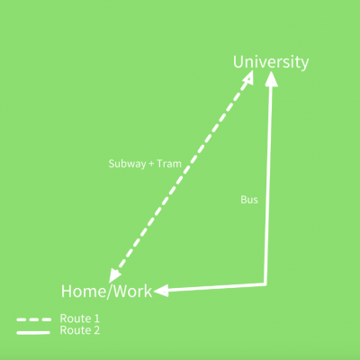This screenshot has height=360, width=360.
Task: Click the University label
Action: (271, 62)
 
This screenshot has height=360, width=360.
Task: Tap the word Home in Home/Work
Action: (79, 292)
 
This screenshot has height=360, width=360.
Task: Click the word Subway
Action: (127, 164)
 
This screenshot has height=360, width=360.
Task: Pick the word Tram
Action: (169, 164)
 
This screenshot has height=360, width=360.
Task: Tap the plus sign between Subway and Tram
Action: (151, 164)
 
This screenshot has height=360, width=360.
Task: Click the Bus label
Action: (249, 200)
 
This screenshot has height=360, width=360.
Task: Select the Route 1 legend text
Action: (80, 319)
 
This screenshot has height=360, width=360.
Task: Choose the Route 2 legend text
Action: (80, 330)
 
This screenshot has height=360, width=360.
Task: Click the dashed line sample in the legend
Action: (34, 319)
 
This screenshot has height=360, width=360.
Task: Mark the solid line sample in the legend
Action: (33, 332)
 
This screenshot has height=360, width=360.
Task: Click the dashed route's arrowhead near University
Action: (248, 77)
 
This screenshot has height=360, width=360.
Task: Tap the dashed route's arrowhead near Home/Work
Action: (114, 275)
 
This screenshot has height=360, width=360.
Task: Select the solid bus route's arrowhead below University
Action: (272, 78)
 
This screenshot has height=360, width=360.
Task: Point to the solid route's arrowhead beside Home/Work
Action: (161, 291)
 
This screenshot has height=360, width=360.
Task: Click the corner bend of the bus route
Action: (265, 284)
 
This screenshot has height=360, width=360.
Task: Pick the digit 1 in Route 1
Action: (96, 319)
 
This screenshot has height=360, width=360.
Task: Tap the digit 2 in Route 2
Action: (96, 330)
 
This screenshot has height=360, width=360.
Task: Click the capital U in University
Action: (238, 62)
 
